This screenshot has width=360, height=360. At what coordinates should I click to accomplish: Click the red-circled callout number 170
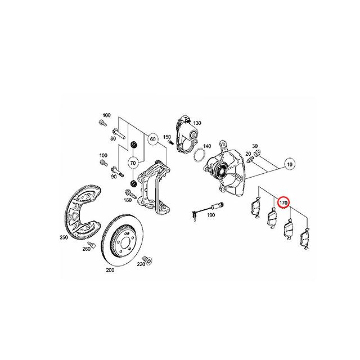pyautogui.click(x=283, y=202)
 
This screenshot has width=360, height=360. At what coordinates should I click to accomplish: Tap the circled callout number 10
pyautogui.click(x=290, y=164)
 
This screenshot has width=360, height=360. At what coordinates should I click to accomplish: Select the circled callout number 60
pyautogui.click(x=152, y=139)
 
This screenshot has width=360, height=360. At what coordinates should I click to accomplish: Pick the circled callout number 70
pyautogui.click(x=133, y=163)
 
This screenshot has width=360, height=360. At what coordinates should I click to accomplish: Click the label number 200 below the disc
pyautogui.click(x=110, y=270)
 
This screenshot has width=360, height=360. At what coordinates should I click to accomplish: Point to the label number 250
pyautogui.click(x=64, y=237)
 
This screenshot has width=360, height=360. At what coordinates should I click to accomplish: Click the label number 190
pyautogui.click(x=211, y=215)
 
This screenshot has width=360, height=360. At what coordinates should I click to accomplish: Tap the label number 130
pyautogui.click(x=197, y=123)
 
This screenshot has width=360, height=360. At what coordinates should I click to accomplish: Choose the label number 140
pyautogui.click(x=207, y=146)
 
